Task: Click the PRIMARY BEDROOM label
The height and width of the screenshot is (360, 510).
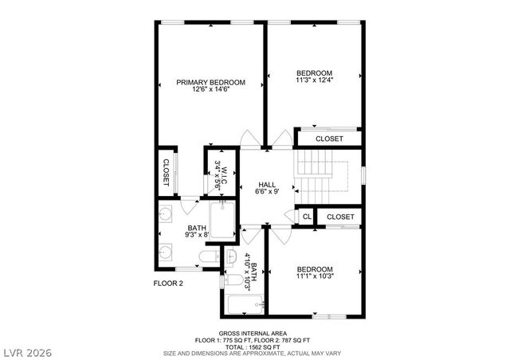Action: click(x=210, y=82)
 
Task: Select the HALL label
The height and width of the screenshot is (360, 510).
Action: click(x=266, y=185)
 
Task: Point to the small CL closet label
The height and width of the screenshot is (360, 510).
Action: click(x=306, y=217)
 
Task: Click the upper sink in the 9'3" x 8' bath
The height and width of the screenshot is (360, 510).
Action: click(x=167, y=213)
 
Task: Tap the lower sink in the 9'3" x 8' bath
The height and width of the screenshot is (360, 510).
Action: click(x=167, y=252)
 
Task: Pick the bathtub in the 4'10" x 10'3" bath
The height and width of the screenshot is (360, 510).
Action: click(x=238, y=305)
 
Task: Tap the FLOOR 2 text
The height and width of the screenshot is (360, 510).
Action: click(x=168, y=283)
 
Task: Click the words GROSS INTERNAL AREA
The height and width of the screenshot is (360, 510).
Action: click(x=253, y=333)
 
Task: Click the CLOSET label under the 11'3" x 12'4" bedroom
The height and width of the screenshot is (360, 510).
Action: click(x=329, y=139)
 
